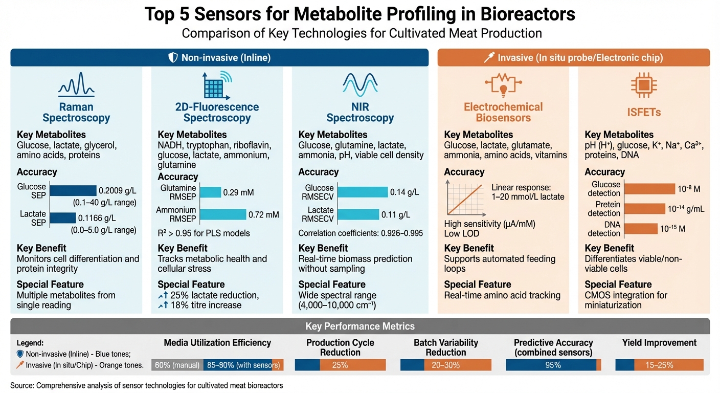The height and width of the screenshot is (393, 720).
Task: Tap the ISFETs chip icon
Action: click(644, 85)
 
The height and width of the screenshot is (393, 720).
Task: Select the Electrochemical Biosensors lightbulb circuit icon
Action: click(503, 85)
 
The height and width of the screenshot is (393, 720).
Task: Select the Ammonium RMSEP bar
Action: click(223, 214)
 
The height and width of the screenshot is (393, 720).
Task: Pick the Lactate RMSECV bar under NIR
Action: click(358, 214)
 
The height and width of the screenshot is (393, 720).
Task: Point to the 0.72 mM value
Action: click(264, 214)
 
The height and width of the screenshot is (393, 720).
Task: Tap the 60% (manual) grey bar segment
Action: click(177, 365)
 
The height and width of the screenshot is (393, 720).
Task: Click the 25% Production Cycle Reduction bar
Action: click(340, 365)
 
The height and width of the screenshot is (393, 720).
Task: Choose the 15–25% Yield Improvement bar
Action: click(660, 365)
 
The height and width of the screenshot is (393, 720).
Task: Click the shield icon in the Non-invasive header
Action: click(173, 58)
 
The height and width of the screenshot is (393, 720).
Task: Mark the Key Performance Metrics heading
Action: click(359, 326)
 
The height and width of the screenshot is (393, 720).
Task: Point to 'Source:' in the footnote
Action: click(22, 385)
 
